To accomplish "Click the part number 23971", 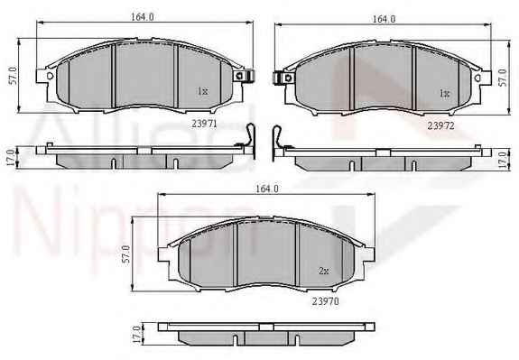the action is tap(204, 124).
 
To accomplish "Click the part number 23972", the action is tap(440, 125).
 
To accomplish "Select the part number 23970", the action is tap(325, 301).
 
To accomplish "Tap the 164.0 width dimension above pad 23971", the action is tap(143, 17).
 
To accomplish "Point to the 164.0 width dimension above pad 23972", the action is tap(384, 19).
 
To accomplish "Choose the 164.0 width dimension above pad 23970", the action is tap(267, 189).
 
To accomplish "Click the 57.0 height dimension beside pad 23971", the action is tap(13, 76).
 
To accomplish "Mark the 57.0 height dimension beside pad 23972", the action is tap(503, 78).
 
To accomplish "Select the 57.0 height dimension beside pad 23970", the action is tap(125, 254).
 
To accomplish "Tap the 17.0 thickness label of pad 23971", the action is tap(10, 158).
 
